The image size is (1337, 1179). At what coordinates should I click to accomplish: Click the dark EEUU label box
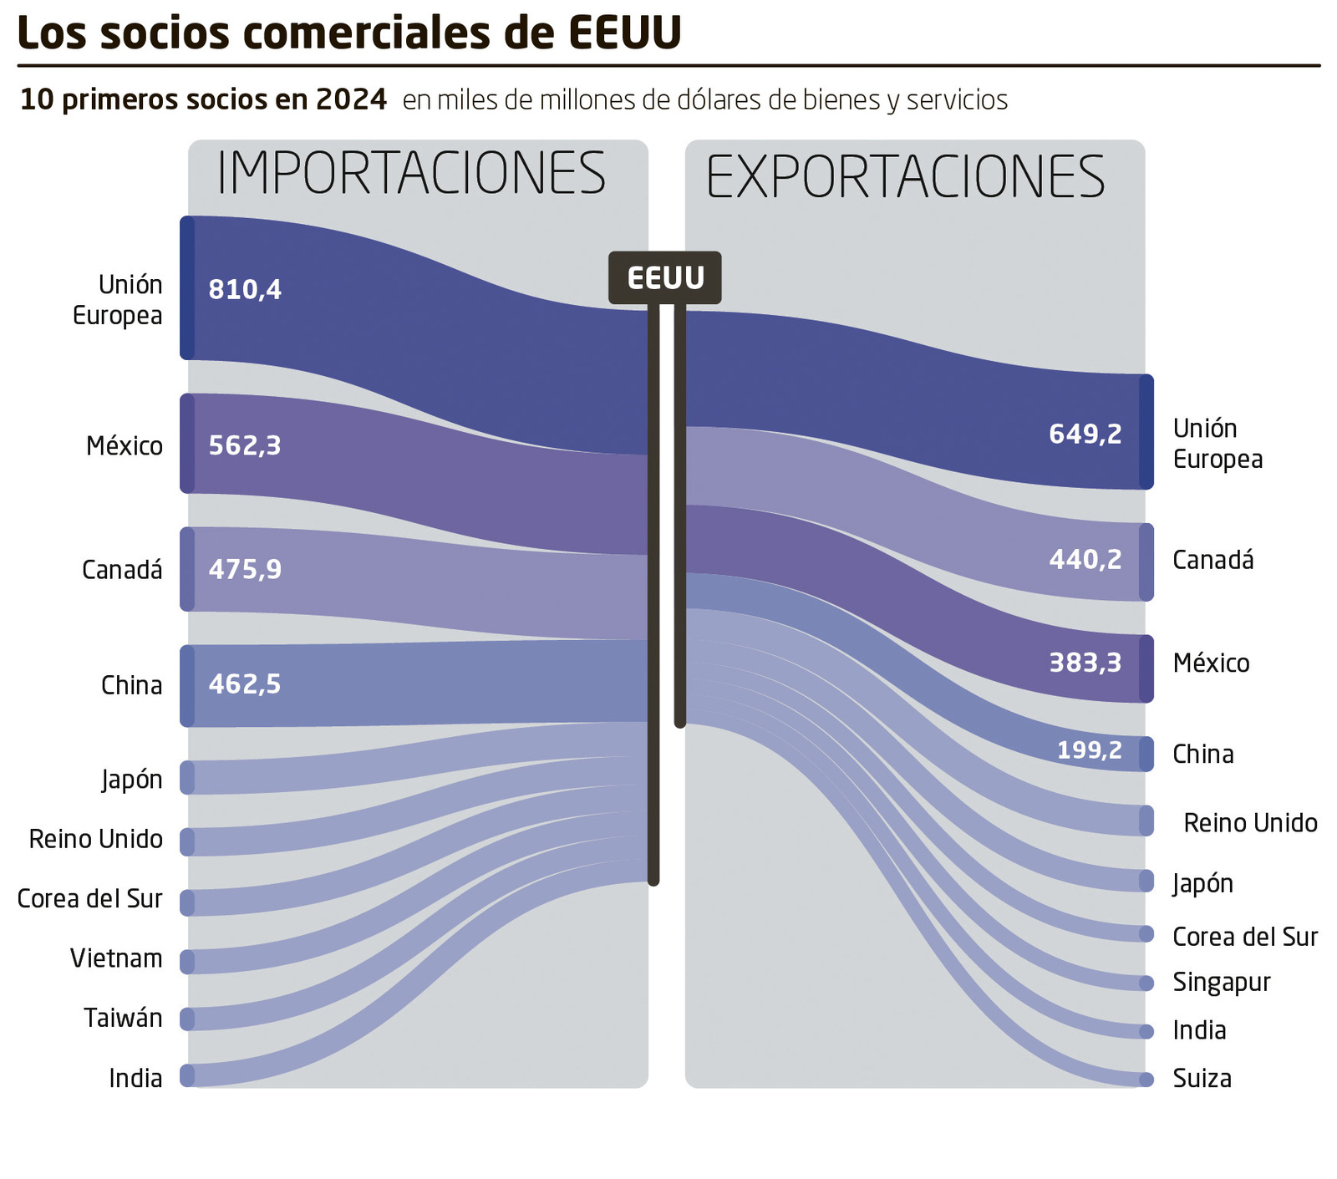[x=665, y=277]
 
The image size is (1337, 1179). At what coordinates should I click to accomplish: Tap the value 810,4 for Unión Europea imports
[x=245, y=290]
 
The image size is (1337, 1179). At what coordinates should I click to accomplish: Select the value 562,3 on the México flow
[x=245, y=445]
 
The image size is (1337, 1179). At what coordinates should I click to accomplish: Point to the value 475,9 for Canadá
[x=245, y=570]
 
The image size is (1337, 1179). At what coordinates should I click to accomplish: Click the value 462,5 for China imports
[x=245, y=684]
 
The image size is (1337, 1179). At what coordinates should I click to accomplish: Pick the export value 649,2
[x=1085, y=434]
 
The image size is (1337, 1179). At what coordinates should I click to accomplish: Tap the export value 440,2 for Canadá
[x=1085, y=559]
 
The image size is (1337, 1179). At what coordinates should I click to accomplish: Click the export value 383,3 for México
[x=1085, y=663]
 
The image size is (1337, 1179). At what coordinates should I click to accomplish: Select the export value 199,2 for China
[x=1090, y=750]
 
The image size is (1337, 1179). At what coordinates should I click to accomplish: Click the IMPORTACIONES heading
[x=411, y=174]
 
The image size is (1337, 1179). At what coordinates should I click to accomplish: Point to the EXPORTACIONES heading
[x=906, y=177]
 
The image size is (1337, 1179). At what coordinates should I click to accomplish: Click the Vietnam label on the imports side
[x=116, y=958]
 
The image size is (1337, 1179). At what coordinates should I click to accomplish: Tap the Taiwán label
[x=123, y=1018]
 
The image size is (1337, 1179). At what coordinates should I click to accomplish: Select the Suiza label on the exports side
[x=1202, y=1079]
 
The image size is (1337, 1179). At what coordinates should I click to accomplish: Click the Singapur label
[x=1221, y=982]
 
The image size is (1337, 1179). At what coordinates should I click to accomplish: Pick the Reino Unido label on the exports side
[x=1250, y=823]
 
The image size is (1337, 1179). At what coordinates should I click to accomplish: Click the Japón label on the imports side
[x=132, y=780]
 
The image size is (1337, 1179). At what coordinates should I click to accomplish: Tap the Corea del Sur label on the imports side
[x=89, y=898]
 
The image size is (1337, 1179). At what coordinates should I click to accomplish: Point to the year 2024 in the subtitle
[x=351, y=99]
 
